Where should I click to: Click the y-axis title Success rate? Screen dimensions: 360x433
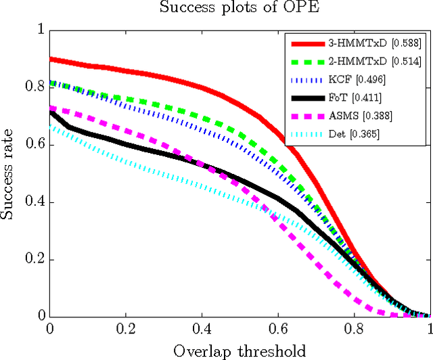(8, 173)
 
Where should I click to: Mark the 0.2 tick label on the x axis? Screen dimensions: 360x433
(126, 330)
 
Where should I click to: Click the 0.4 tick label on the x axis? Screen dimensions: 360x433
(202, 330)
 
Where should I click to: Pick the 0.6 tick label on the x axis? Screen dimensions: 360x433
(278, 330)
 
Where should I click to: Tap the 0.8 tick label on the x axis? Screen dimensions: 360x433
(354, 330)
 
